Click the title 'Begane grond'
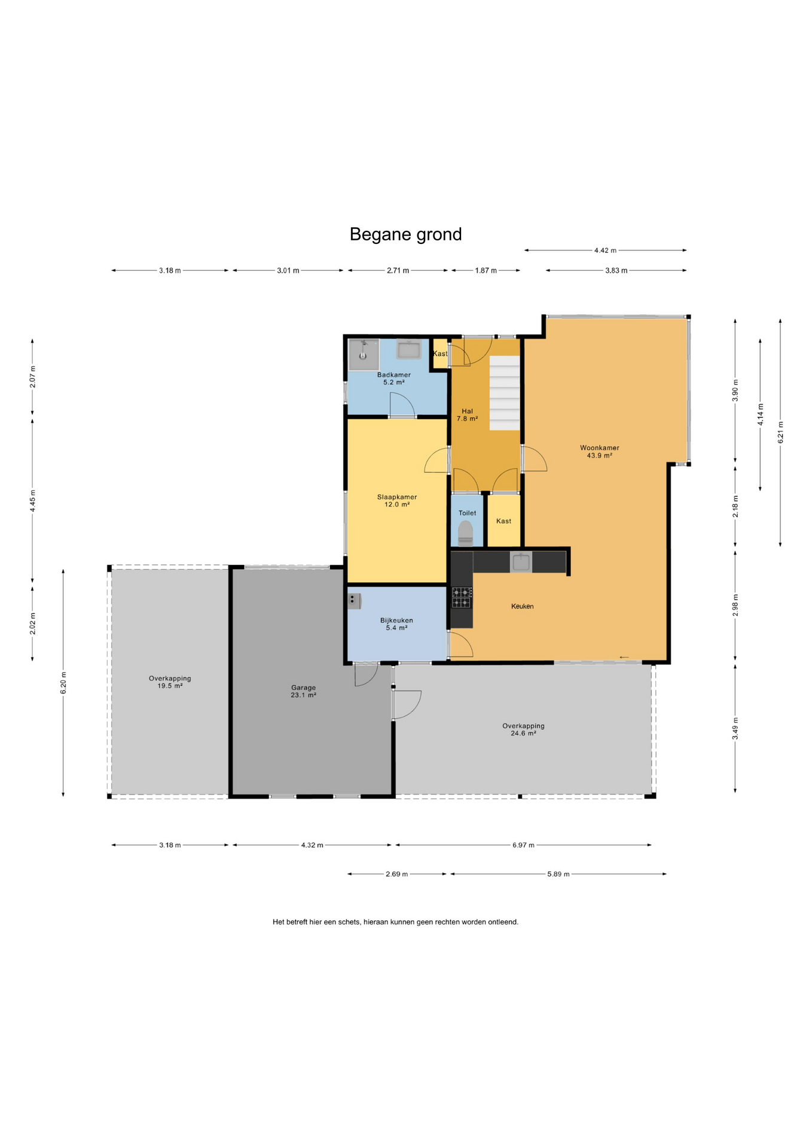[x=405, y=234]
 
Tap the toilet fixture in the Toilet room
[x=465, y=533]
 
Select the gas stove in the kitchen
[x=461, y=597]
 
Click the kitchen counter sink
[x=521, y=562]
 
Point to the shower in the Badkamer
[x=364, y=355]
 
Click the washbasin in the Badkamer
[x=409, y=349]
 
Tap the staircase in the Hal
[x=505, y=393]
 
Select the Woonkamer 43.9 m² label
[x=599, y=451]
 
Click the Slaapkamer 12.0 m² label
[x=397, y=500]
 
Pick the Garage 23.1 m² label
[x=303, y=691]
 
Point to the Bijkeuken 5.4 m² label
[x=396, y=624]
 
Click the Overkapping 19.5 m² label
[x=170, y=682]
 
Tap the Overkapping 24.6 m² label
[x=523, y=729]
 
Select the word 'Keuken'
[x=522, y=606]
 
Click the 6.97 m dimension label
[x=523, y=845]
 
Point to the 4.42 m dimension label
[x=605, y=251]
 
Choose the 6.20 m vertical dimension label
[x=63, y=683]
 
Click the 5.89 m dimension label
[x=558, y=874]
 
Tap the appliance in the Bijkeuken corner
[x=355, y=601]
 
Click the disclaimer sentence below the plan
[x=395, y=922]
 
